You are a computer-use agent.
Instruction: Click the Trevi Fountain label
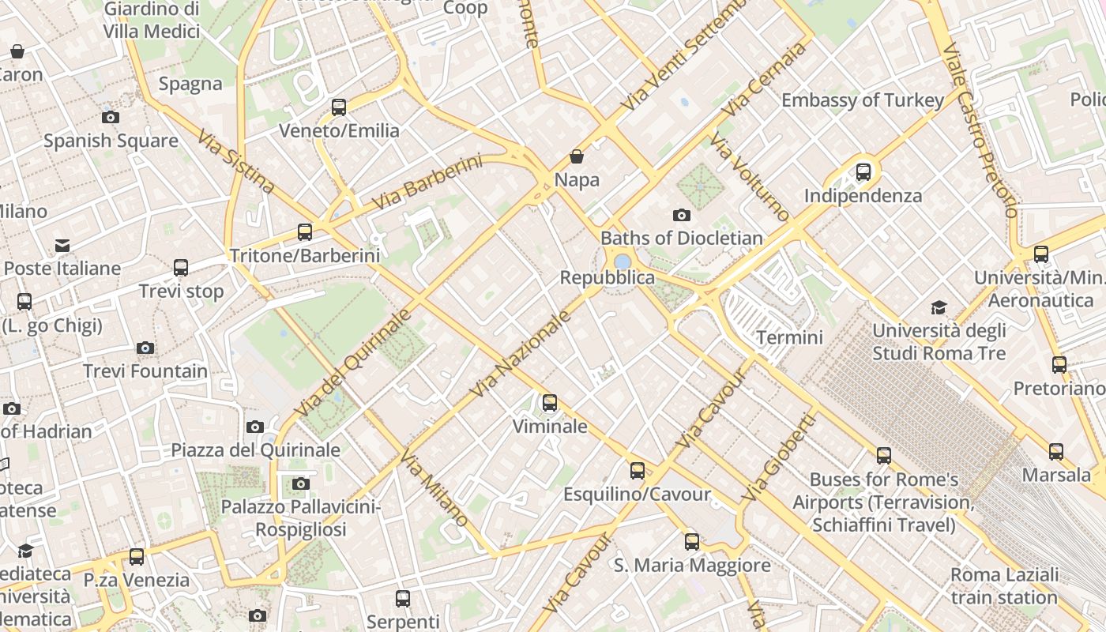point(145,371)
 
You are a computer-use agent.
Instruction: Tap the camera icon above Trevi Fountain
point(145,348)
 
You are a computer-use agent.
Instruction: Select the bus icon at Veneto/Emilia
point(339,107)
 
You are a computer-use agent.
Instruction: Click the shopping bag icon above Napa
point(577,156)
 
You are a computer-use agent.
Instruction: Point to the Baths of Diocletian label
point(682,238)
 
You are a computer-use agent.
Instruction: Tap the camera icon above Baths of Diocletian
point(681,215)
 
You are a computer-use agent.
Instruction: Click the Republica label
point(607,277)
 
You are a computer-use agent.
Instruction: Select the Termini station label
point(789,337)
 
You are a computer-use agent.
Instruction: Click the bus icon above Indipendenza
point(863,171)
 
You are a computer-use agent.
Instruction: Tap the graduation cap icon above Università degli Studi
point(939,307)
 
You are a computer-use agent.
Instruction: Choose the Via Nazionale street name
point(521,353)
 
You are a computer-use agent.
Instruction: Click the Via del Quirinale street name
point(353,363)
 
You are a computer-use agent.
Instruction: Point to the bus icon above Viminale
point(550,403)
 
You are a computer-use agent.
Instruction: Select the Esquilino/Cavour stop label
point(637,495)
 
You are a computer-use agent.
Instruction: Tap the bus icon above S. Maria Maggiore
point(692,541)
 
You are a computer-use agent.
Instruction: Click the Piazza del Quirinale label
point(256,450)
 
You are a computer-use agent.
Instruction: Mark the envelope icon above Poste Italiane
point(62,246)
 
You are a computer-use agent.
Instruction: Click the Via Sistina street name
point(236,162)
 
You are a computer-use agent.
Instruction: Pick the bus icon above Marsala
point(1056,452)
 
